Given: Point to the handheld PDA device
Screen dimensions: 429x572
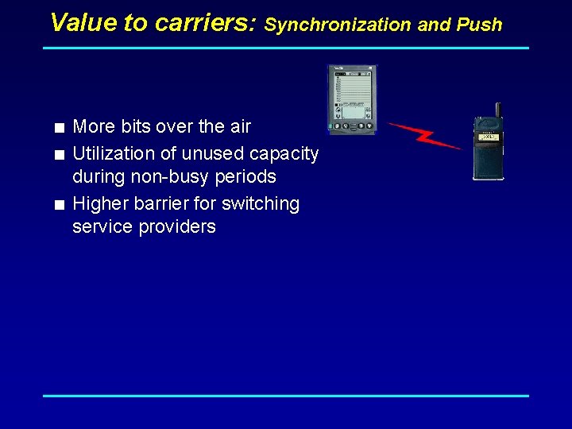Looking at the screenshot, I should click(353, 99).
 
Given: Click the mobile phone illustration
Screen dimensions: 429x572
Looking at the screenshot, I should click(488, 148).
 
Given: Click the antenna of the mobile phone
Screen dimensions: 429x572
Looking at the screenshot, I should click(498, 110).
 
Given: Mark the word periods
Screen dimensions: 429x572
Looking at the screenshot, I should click(246, 176).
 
